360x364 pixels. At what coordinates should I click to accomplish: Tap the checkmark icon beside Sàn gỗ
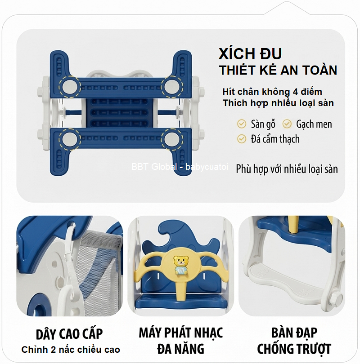point(242,124)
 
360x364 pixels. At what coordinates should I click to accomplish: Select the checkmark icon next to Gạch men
point(287,124)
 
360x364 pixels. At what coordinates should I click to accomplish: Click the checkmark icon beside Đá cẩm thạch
point(242,139)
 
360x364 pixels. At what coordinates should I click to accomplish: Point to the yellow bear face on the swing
point(181,261)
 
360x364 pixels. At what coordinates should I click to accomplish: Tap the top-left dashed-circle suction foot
point(70,87)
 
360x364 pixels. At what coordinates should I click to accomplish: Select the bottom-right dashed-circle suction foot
point(172,139)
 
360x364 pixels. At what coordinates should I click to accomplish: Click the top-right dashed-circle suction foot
point(172,87)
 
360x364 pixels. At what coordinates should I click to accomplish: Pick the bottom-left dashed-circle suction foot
point(70,139)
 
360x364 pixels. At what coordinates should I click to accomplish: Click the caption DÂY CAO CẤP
point(69,334)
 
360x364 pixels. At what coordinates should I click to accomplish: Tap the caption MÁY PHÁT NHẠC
point(181,333)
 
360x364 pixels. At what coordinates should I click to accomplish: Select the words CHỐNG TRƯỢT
point(294,349)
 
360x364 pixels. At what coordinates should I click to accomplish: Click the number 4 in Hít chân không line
point(295,92)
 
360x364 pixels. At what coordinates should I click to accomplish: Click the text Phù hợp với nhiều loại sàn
point(287,169)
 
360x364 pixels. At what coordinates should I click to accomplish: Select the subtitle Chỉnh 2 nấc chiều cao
point(71,350)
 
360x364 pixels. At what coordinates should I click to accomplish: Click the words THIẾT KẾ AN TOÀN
point(278,70)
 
